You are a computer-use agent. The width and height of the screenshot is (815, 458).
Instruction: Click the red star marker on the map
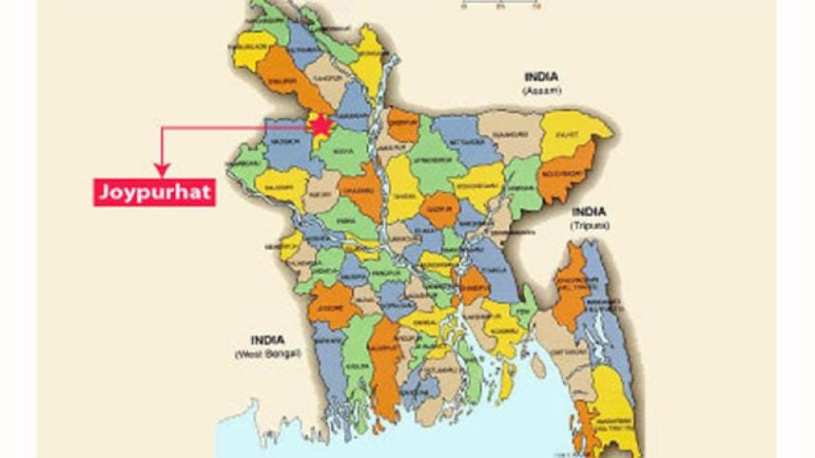(322, 124)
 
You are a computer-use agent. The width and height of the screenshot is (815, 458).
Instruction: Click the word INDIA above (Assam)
(541, 77)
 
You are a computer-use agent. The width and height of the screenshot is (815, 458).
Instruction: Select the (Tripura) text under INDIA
(590, 226)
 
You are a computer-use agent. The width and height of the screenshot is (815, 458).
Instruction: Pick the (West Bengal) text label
(267, 353)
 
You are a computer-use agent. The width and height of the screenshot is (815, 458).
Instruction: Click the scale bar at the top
(498, 5)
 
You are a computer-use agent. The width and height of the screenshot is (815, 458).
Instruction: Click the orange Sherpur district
(403, 124)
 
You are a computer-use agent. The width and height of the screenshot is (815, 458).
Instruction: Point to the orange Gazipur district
(438, 210)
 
